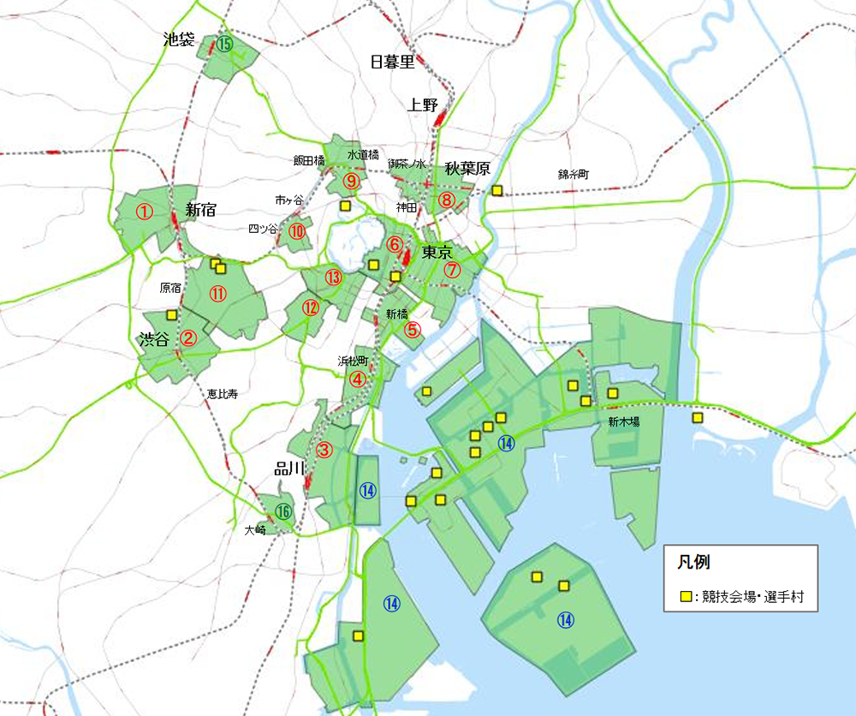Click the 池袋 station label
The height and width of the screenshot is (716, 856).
[x=180, y=39]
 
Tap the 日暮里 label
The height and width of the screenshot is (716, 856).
[x=392, y=62]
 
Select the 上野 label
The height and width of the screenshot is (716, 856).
[x=423, y=105]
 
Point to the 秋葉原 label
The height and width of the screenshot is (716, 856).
[x=467, y=169]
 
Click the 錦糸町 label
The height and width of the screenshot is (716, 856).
[x=574, y=174]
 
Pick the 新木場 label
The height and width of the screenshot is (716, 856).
[x=624, y=421]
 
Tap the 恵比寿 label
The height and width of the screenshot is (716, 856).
[x=222, y=395]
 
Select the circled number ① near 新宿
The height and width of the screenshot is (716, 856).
[x=145, y=211]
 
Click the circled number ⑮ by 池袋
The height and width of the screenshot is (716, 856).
[x=224, y=43]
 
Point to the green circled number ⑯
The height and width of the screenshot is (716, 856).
[x=284, y=512]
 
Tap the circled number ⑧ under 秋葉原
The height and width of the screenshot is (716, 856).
[x=446, y=200]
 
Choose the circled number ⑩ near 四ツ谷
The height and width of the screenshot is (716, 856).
[x=296, y=230]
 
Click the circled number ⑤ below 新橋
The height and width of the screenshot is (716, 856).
[x=413, y=330]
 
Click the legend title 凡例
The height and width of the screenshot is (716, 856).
[x=693, y=563]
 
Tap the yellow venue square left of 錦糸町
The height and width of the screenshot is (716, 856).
[x=496, y=191]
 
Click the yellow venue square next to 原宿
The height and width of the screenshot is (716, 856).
[x=171, y=314]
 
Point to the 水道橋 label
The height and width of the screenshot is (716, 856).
[x=363, y=155]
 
